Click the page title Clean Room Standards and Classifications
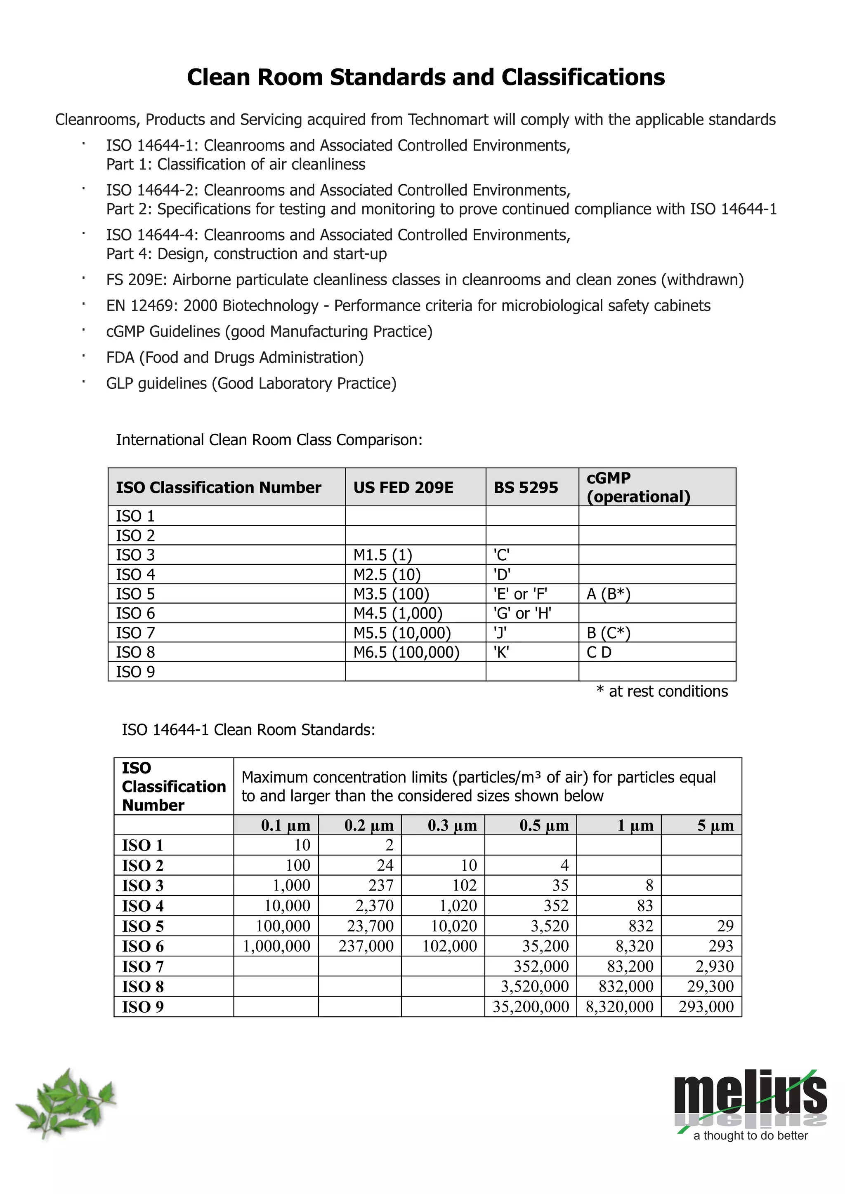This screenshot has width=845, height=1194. [x=426, y=77]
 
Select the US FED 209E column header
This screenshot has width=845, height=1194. [x=403, y=487]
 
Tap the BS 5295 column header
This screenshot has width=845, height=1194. [x=526, y=487]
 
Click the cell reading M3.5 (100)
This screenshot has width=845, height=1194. [x=391, y=594]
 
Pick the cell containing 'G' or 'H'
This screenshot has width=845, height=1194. [x=522, y=613]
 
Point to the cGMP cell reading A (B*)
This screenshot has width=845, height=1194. [x=608, y=594]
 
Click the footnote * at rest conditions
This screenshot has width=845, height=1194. [x=662, y=691]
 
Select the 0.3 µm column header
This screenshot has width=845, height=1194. [x=452, y=825]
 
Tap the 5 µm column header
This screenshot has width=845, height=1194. [x=715, y=825]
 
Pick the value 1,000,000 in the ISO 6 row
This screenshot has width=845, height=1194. [x=276, y=945]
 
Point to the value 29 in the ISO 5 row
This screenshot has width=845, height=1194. [x=725, y=926]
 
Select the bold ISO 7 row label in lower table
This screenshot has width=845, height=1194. [x=143, y=966]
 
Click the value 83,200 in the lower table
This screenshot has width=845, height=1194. [x=630, y=966]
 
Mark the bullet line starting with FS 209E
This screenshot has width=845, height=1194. [x=425, y=280]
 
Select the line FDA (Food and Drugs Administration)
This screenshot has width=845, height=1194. [x=235, y=357]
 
